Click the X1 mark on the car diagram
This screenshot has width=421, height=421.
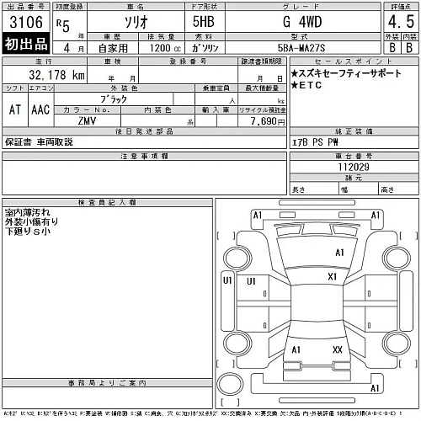[x=332, y=276]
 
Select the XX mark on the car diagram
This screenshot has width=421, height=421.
[x=338, y=349]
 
